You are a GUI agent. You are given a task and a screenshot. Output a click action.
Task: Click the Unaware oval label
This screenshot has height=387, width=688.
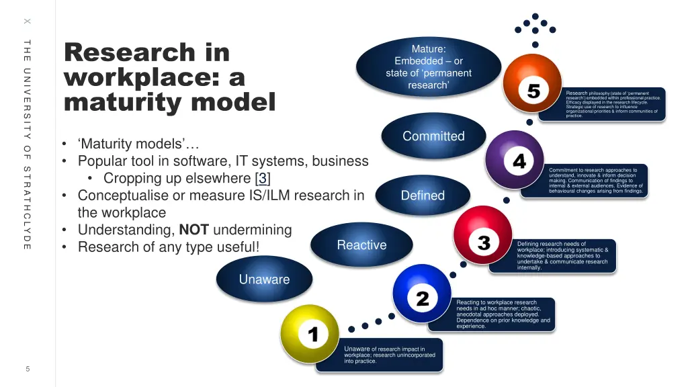click(264, 279)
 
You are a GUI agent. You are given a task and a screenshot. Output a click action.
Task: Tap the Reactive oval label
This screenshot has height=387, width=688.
click(361, 245)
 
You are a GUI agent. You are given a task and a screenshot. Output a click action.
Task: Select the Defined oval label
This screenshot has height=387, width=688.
click(423, 196)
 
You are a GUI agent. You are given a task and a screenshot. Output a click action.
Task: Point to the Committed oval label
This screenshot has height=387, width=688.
click(433, 136)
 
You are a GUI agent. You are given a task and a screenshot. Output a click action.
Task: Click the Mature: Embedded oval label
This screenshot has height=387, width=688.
click(429, 67)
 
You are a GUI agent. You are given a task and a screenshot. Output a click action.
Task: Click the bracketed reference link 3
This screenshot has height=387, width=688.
click(263, 178)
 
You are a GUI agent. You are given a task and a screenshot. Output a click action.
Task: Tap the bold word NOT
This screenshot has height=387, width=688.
click(193, 230)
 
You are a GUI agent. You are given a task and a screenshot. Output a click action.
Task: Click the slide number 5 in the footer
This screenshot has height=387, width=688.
click(28, 368)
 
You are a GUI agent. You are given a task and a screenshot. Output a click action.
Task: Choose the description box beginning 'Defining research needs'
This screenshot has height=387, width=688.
click(562, 256)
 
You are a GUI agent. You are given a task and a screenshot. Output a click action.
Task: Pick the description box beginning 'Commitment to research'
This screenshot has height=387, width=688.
click(595, 181)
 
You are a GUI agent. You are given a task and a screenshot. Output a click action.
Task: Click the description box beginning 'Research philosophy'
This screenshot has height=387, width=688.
click(613, 104)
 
